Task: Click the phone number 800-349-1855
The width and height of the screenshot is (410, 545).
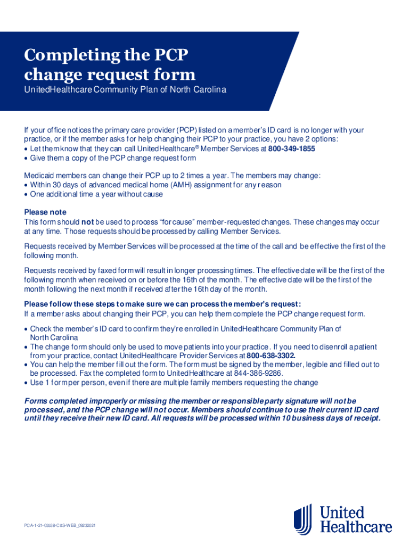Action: tap(291, 149)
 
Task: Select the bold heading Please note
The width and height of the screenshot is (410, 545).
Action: tap(45, 212)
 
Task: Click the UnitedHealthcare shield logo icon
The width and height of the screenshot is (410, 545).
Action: tap(303, 519)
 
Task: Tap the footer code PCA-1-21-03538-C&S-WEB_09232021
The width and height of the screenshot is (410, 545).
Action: tap(60, 525)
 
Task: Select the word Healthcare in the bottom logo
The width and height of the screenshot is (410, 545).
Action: tap(355, 526)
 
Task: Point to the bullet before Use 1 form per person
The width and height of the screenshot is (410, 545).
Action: tap(26, 383)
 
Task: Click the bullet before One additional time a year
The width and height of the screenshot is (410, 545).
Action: tap(26, 194)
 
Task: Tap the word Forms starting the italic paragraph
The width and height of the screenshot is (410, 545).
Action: tap(36, 400)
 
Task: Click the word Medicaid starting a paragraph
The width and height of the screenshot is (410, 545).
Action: tap(39, 176)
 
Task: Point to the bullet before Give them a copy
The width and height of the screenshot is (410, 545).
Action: tap(26, 158)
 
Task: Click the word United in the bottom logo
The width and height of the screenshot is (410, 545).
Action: tap(342, 513)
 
